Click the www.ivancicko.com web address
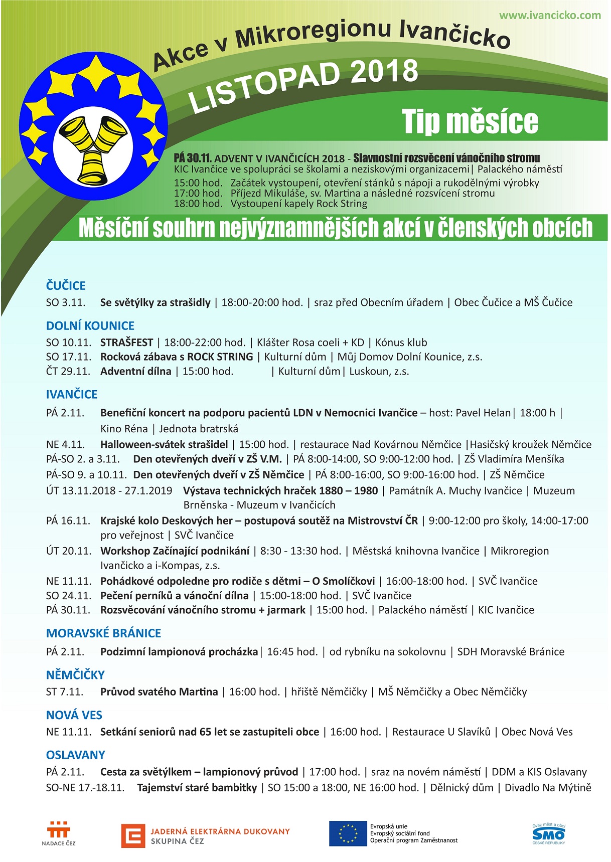pyautogui.click(x=550, y=15)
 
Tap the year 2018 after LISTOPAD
pyautogui.click(x=384, y=71)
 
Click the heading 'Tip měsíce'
pyautogui.click(x=470, y=121)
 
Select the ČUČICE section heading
pyautogui.click(x=66, y=285)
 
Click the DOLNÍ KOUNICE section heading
pyautogui.click(x=90, y=325)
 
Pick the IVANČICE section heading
pyautogui.click(x=72, y=394)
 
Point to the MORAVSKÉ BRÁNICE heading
pyautogui.click(x=104, y=633)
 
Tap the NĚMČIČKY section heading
pyautogui.click(x=75, y=674)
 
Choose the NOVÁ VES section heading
pyautogui.click(x=74, y=715)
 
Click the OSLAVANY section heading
pyautogui.click(x=76, y=755)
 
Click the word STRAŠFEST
pyautogui.click(x=126, y=342)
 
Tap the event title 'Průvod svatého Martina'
pyautogui.click(x=159, y=692)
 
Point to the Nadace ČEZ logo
pyautogui.click(x=59, y=833)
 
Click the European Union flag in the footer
pyautogui.click(x=348, y=833)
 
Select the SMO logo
pyautogui.click(x=548, y=833)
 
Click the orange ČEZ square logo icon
pyautogui.click(x=133, y=835)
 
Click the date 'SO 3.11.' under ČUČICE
pyautogui.click(x=66, y=302)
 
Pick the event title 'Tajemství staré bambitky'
pyautogui.click(x=197, y=788)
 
